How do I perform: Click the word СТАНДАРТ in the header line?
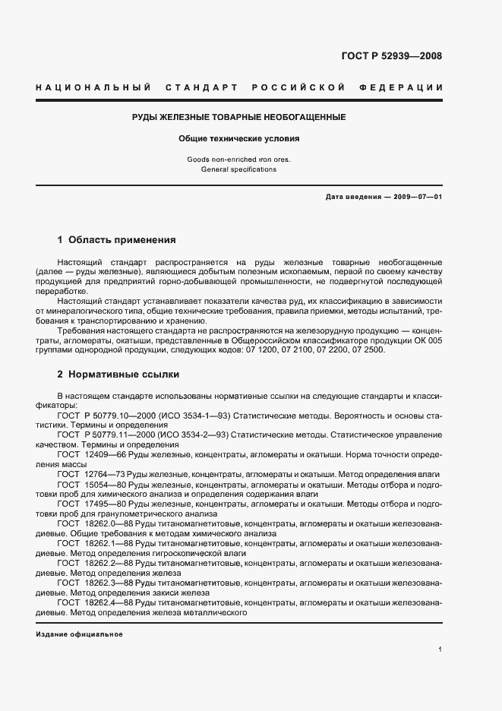(x=200, y=87)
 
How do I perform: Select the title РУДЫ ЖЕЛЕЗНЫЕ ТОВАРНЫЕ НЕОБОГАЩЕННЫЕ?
(x=239, y=118)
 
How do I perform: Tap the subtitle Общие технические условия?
(x=239, y=139)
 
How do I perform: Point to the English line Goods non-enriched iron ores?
(x=238, y=160)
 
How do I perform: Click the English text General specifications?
(x=238, y=169)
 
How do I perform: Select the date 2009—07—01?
(x=417, y=197)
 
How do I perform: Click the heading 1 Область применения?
(x=116, y=240)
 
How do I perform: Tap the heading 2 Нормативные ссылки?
(x=118, y=375)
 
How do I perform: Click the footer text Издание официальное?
(x=79, y=634)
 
